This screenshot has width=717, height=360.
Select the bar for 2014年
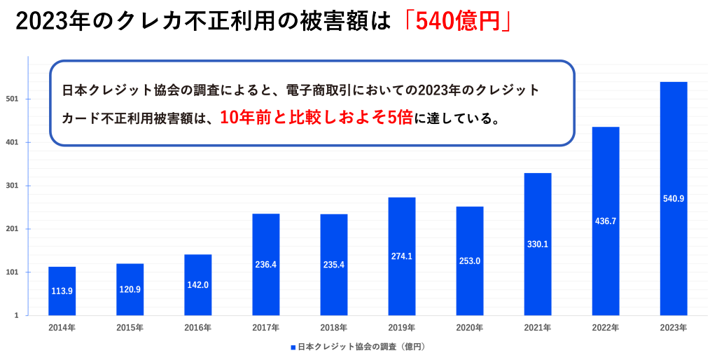pos(62,291)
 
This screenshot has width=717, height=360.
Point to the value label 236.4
pos(266,265)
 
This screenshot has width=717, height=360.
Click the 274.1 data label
pos(401,256)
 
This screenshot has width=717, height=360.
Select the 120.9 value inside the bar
pos(130,289)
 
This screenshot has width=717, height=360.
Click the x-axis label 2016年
pos(197,328)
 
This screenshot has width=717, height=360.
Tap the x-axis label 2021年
pos(537,328)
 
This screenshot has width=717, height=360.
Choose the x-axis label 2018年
pos(333,328)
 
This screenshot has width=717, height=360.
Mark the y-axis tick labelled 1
pos(16,316)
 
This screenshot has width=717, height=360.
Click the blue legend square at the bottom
pos(293,347)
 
